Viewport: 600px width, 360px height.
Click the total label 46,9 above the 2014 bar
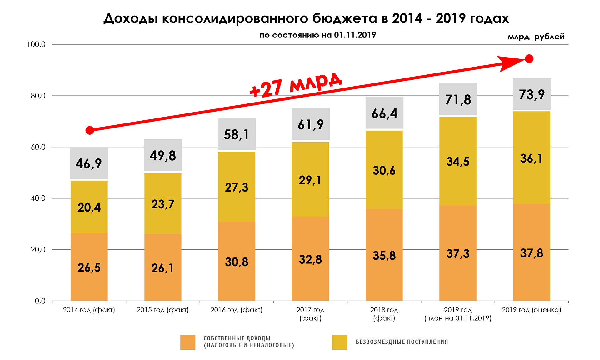coord(89,163)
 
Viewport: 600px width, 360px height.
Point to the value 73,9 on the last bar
coord(532,94)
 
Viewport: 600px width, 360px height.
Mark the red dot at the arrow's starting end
coord(90,130)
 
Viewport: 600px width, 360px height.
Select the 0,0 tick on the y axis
coord(40,301)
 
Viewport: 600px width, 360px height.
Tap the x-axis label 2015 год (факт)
coord(162,310)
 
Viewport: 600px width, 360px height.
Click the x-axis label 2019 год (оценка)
coord(531,310)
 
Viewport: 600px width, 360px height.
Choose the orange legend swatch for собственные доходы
coord(187,342)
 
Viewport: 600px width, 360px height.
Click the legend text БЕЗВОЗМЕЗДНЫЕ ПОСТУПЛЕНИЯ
coord(402,342)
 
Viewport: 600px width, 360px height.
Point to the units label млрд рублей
coord(536,37)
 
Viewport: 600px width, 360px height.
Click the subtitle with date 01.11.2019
coord(317,35)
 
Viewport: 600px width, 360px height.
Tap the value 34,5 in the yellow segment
coord(458,162)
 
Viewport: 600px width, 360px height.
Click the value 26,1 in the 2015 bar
coord(162,268)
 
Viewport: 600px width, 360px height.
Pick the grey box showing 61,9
coord(311,124)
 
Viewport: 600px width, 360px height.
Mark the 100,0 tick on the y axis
coord(36,44)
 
